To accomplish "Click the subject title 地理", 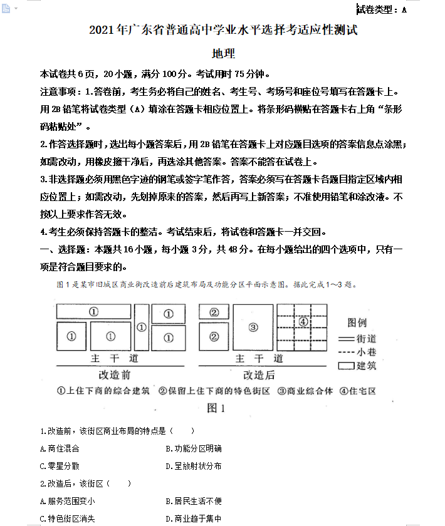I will point(223,54).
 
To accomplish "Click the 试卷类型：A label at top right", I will point(382,9).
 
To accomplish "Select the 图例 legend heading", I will point(357,323).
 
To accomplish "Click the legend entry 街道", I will point(366,338).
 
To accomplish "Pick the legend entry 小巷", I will point(366,352).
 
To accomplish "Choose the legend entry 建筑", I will point(366,366).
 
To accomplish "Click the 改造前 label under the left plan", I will point(115,374).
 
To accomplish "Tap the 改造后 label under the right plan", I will point(258,374).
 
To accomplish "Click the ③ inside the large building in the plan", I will point(253,326).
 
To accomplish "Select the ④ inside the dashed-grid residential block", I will point(303,321).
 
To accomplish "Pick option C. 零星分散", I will point(60,466).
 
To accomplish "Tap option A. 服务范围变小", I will point(67,501).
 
